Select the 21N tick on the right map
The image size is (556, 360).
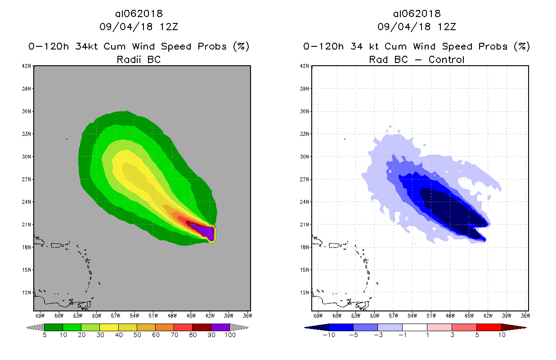click(x=305, y=225)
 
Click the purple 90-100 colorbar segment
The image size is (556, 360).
click(x=220, y=327)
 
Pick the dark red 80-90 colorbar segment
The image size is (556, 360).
click(x=202, y=327)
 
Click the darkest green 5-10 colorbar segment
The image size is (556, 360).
click(x=53, y=327)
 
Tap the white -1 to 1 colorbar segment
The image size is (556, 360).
click(x=414, y=327)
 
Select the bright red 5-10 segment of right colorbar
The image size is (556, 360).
click(x=489, y=327)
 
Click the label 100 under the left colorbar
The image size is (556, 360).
click(x=229, y=335)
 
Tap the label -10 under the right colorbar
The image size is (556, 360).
click(x=328, y=335)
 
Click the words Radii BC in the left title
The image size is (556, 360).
click(x=139, y=59)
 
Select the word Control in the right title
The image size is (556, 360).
click(x=447, y=59)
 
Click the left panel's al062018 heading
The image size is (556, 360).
click(x=139, y=13)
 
